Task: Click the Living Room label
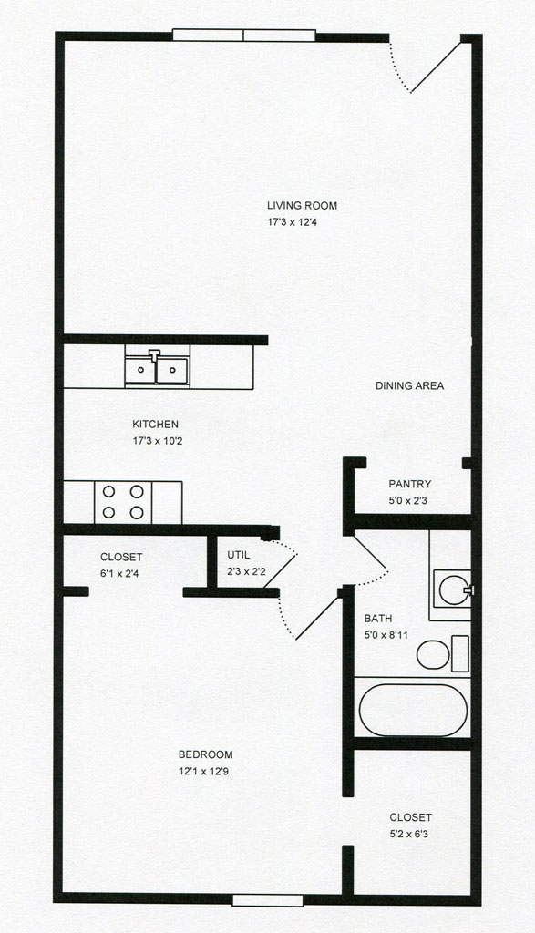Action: (302, 206)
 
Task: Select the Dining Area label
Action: (409, 385)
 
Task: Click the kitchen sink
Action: (157, 369)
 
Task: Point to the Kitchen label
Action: (155, 425)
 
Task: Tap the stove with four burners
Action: (123, 502)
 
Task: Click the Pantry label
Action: (410, 485)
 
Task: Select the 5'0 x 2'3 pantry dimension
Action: (407, 501)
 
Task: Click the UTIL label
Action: (238, 555)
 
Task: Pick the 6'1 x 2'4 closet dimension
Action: (119, 574)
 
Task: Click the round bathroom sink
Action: (454, 590)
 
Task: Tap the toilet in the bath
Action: (443, 654)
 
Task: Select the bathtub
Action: (413, 710)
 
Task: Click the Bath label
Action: (378, 619)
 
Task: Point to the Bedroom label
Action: (205, 754)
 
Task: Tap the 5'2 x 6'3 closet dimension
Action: (409, 835)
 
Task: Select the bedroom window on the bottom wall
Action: (268, 900)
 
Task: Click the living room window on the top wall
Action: (244, 36)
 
